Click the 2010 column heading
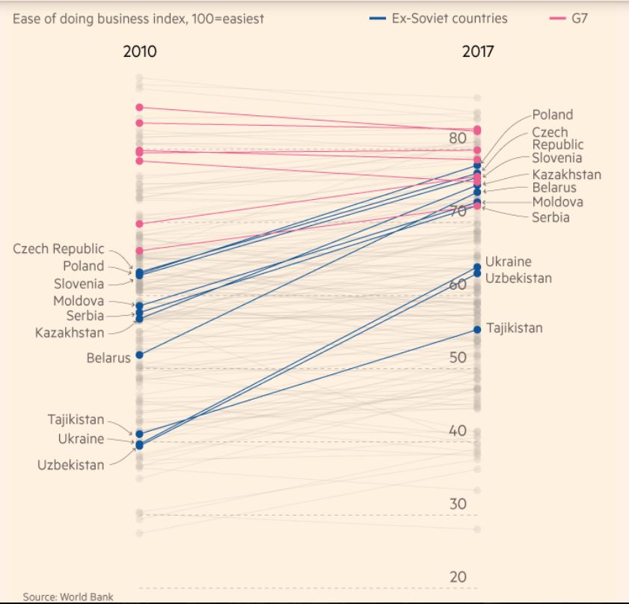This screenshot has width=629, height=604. tap(140, 52)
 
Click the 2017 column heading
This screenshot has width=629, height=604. tap(477, 52)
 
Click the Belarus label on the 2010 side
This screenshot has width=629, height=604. tap(108, 358)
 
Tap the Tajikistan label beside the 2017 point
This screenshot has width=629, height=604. tap(515, 328)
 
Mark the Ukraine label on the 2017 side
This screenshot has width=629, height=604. tap(508, 262)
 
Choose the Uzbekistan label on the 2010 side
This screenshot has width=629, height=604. tap(71, 465)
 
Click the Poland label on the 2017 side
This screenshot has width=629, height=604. tap(553, 115)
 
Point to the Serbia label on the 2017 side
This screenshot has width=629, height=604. tap(550, 217)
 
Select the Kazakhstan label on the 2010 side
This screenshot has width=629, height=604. tap(70, 332)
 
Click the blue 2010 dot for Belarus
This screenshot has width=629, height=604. tap(139, 354)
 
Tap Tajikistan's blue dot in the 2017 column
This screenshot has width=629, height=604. tap(477, 329)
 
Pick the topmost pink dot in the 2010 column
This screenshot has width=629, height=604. tap(139, 108)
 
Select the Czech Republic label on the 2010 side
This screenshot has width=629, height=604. tap(59, 248)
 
